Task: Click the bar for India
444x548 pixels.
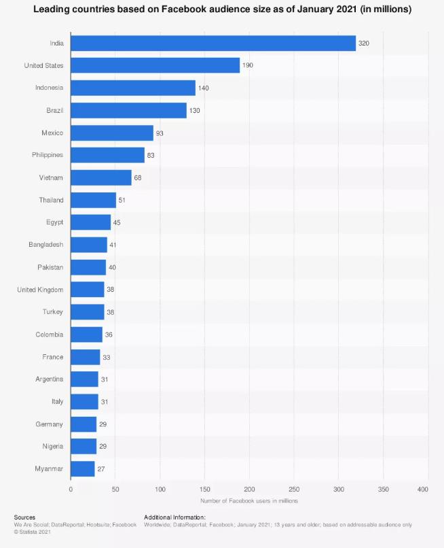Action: click(x=213, y=43)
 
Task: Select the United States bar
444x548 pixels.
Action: click(x=155, y=65)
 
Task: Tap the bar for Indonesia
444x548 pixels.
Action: click(x=133, y=88)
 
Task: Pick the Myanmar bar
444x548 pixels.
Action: click(x=83, y=468)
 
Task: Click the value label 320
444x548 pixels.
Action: click(x=364, y=43)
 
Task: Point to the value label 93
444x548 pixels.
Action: click(x=160, y=133)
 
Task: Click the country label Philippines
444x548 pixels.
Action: click(x=48, y=155)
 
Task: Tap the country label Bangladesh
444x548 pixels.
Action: click(x=46, y=245)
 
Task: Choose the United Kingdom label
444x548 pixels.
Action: click(x=40, y=290)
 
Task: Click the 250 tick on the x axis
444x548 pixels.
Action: click(x=294, y=489)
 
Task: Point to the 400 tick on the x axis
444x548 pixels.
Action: click(x=423, y=489)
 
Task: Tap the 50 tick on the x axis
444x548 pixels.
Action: click(x=115, y=489)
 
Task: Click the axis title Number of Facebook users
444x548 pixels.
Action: click(x=249, y=500)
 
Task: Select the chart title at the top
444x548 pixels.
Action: click(x=222, y=10)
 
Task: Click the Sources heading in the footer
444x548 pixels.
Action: click(x=24, y=517)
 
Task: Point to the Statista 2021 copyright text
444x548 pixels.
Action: click(x=31, y=532)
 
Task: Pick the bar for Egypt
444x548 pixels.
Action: click(x=90, y=222)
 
